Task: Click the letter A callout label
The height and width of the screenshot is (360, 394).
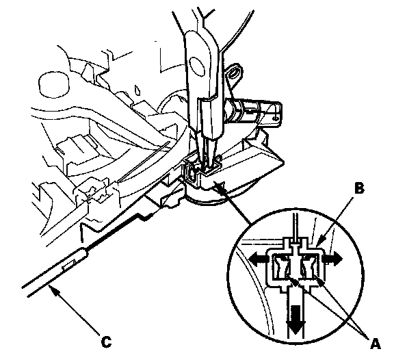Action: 375,344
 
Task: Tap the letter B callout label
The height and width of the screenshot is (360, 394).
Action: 360,188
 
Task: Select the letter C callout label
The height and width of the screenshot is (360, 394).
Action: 106,342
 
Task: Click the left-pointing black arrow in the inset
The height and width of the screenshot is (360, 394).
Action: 258,259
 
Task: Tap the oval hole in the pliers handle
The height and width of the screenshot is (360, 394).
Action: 197,67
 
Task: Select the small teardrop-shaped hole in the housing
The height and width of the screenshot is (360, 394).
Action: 137,90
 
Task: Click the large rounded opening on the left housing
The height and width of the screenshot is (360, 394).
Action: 54,85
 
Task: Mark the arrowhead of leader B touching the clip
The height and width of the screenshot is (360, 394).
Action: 319,242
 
